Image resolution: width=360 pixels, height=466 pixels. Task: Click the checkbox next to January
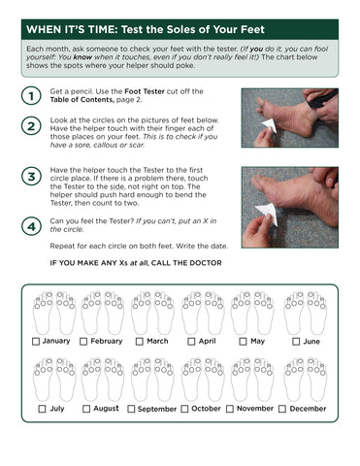(36, 342)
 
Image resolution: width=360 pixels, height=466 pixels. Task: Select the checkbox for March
(139, 342)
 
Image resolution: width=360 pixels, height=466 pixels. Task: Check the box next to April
(191, 342)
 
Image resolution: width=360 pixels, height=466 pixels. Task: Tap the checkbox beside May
(242, 342)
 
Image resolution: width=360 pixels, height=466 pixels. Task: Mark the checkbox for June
(295, 342)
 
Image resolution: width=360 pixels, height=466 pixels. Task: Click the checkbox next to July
(42, 409)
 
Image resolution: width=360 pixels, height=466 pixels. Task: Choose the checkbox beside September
(131, 409)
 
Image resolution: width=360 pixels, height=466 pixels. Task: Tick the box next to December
(282, 409)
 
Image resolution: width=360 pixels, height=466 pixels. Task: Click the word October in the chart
(206, 409)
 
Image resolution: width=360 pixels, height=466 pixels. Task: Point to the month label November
(255, 409)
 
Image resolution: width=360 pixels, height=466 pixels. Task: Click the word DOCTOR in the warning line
(200, 263)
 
